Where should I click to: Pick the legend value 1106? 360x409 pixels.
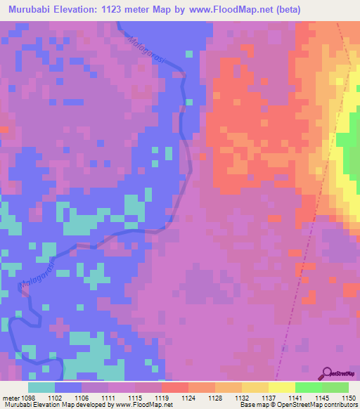[81, 397]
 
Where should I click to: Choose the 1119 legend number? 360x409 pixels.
[161, 397]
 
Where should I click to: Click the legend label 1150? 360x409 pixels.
[348, 397]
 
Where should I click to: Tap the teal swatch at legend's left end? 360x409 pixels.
[41, 387]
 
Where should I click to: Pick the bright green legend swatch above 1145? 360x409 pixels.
[308, 387]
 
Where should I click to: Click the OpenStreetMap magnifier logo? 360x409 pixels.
[328, 372]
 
